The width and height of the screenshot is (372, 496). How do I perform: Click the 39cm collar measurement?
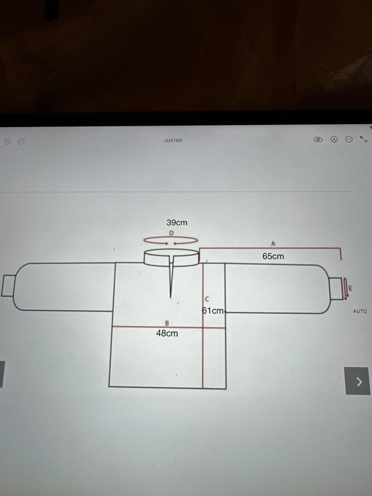tap(177, 222)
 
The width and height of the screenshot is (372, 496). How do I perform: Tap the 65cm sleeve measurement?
tap(273, 256)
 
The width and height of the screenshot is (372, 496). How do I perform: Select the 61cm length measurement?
tap(213, 311)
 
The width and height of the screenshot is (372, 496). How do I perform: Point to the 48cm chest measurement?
tap(167, 333)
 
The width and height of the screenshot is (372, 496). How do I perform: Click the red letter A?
tap(273, 244)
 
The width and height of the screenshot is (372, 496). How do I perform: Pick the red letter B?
tap(167, 323)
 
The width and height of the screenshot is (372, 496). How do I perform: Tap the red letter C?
tap(207, 299)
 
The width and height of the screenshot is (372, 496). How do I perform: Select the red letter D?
tap(171, 233)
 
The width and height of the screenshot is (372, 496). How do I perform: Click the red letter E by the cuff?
tap(350, 288)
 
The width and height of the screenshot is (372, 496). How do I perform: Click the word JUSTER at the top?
tap(173, 141)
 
